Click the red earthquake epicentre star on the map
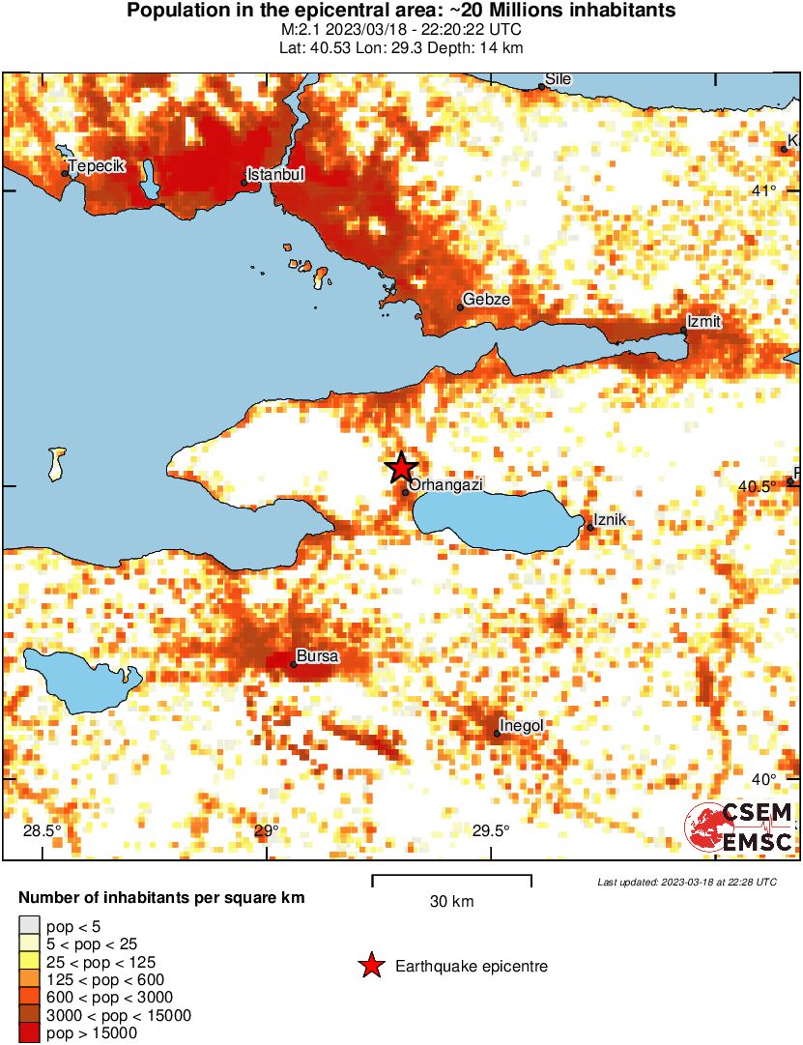401,468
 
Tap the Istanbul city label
275,175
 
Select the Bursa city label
317,656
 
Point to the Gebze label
486,300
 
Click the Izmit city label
703,321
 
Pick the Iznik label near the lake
610,520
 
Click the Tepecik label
98,166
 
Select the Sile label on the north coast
558,78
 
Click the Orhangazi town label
445,485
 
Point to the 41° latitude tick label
764,189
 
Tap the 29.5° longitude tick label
491,830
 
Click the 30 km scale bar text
451,902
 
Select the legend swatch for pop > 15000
29,1032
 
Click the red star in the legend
370,966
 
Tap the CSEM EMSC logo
739,827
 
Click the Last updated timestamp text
686,882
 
